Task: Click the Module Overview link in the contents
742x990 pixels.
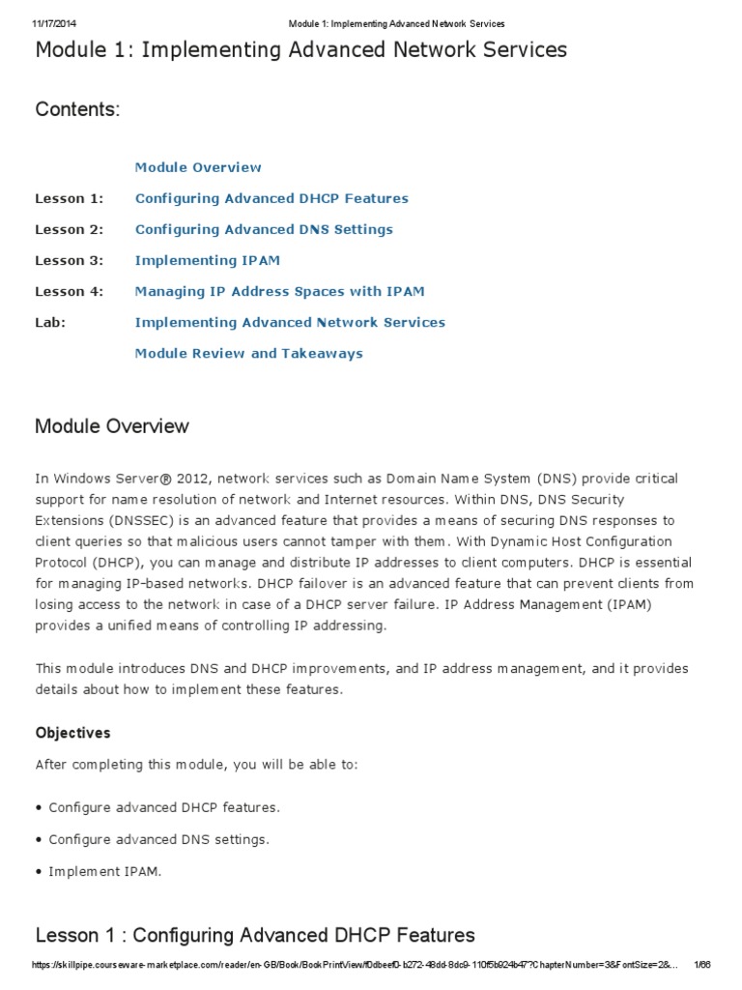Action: click(x=198, y=167)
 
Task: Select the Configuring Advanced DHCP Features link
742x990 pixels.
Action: click(x=271, y=198)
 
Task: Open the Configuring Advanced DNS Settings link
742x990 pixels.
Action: click(x=264, y=229)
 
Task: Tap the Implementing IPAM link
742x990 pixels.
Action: click(x=208, y=260)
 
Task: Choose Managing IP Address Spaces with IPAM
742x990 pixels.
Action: click(x=279, y=291)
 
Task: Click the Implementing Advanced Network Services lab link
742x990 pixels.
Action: click(x=290, y=322)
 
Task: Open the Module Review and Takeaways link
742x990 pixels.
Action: click(x=248, y=353)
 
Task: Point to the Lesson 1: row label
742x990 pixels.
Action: click(x=69, y=198)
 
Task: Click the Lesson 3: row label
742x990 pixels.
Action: click(x=69, y=260)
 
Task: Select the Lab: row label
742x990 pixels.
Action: click(x=50, y=322)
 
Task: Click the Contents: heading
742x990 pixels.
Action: click(x=78, y=109)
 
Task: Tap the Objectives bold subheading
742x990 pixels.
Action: click(x=73, y=733)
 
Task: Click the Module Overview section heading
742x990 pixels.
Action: click(x=112, y=426)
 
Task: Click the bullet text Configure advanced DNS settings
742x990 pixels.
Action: click(x=158, y=839)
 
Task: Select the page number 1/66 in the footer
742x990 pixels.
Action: click(x=702, y=967)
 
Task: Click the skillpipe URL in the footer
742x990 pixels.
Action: click(x=348, y=967)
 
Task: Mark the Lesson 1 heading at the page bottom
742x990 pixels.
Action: click(x=255, y=935)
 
